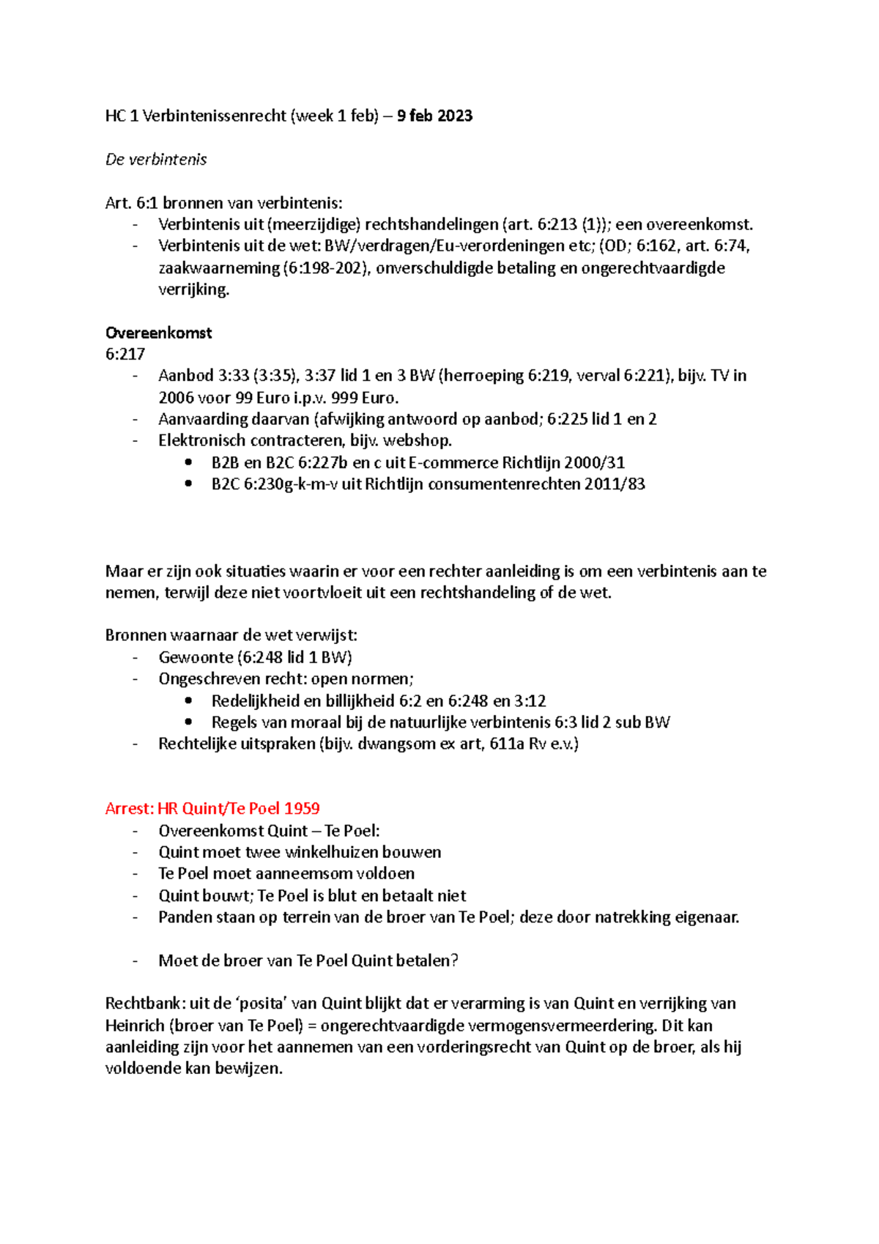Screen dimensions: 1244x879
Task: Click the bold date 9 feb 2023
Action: coord(434,116)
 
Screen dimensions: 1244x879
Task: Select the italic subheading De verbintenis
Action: coord(156,160)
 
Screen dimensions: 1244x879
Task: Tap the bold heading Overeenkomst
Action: coord(158,333)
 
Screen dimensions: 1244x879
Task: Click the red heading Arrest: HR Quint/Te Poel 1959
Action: coord(212,809)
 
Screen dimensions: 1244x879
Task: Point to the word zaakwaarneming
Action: coord(218,268)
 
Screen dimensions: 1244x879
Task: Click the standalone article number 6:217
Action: coord(125,354)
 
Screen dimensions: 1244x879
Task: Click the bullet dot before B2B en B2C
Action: coord(190,462)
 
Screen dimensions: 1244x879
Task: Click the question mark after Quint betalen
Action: coord(455,960)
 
